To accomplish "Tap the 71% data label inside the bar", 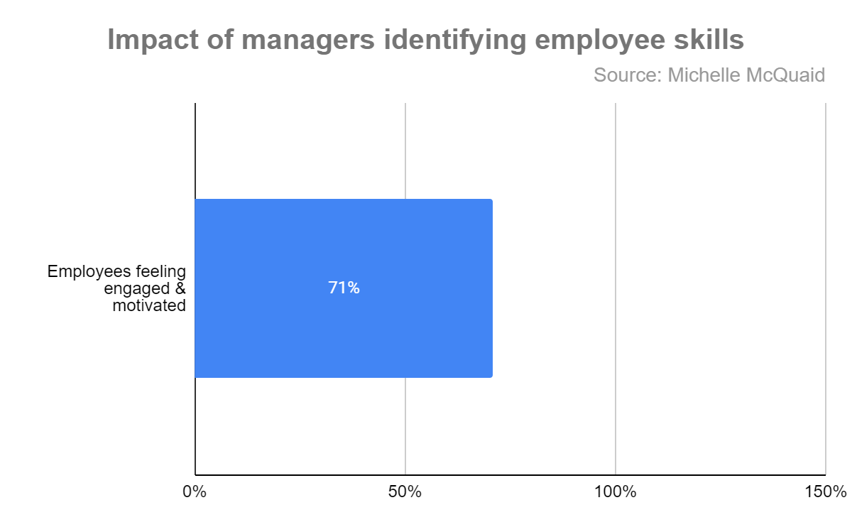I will [x=344, y=288].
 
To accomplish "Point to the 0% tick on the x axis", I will [x=194, y=491].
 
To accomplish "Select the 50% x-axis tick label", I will [x=405, y=491].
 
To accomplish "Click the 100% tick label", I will [x=615, y=491].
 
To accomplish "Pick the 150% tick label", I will [x=825, y=491].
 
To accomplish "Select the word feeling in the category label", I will [x=162, y=271].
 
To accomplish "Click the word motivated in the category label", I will [x=149, y=306].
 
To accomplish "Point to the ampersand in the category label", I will [x=180, y=289].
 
